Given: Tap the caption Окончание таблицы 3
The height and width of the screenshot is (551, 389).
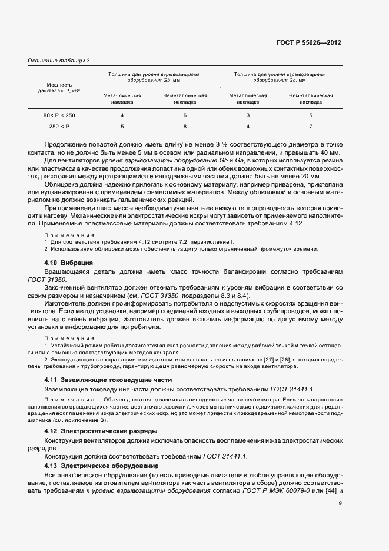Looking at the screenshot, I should pos(59,60).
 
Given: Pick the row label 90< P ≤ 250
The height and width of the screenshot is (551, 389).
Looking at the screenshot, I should pos(59,115).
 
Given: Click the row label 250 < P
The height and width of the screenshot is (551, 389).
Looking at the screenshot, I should pos(59,126).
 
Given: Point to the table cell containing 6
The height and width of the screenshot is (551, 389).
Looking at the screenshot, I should pos(185,115).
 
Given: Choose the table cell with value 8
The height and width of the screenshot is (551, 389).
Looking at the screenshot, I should pos(185,126).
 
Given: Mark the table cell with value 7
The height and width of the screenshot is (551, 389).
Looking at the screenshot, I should pos(311,126).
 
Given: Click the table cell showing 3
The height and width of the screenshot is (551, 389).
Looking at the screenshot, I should pos(248,115).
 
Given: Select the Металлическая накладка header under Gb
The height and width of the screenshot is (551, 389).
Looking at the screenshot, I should pos(122,98).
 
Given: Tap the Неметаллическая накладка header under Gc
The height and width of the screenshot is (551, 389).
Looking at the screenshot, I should pos(311,98).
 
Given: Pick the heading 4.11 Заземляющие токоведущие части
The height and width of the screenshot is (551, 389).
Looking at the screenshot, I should pos(108,380).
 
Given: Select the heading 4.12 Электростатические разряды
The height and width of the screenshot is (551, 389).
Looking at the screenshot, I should pos(101,431).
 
